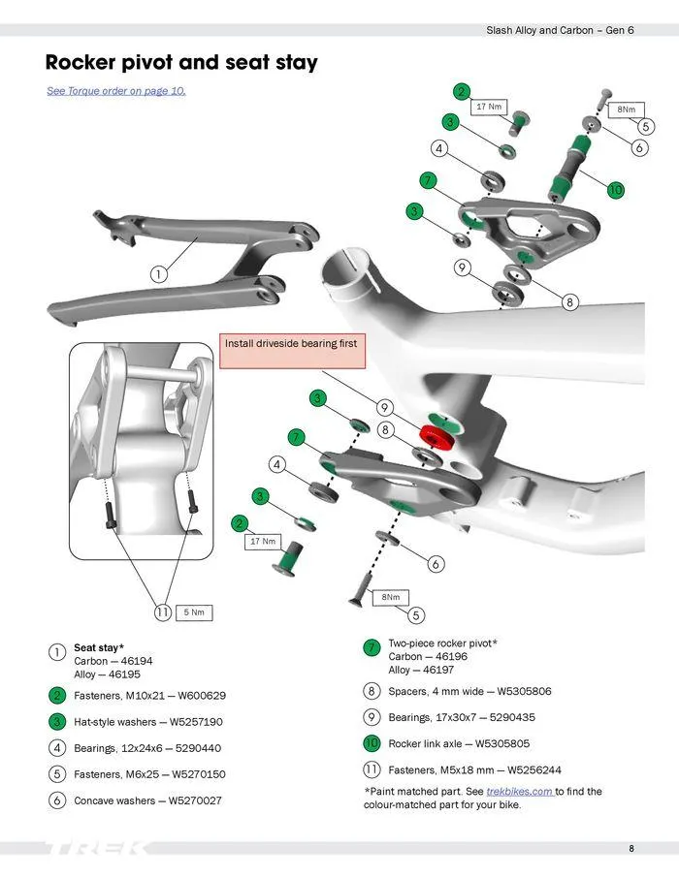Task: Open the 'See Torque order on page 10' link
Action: pos(116,91)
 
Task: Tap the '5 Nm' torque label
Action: pos(194,612)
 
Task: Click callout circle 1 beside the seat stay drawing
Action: pos(157,274)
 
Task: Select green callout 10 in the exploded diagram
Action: pos(615,190)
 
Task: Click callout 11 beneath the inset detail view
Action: pos(163,612)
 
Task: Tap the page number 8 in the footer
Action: pos(631,849)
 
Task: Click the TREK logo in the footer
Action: pos(97,849)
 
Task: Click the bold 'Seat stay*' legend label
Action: pos(99,647)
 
